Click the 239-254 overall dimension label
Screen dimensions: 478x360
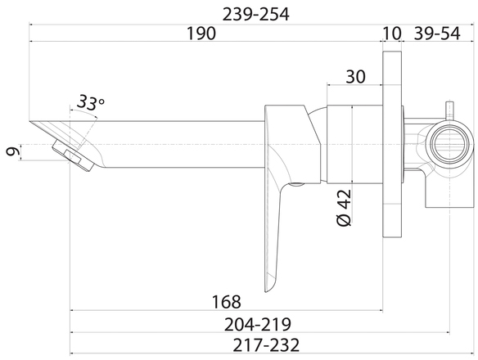255,15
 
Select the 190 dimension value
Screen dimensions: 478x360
201,34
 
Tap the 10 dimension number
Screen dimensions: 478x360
391,34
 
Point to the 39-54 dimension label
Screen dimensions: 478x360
436,34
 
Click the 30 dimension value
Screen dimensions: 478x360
355,77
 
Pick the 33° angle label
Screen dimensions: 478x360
90,102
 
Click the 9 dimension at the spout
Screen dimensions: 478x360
13,151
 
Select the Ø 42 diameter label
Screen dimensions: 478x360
344,208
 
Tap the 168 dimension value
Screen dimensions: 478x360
226,302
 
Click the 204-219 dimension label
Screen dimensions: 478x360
258,324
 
